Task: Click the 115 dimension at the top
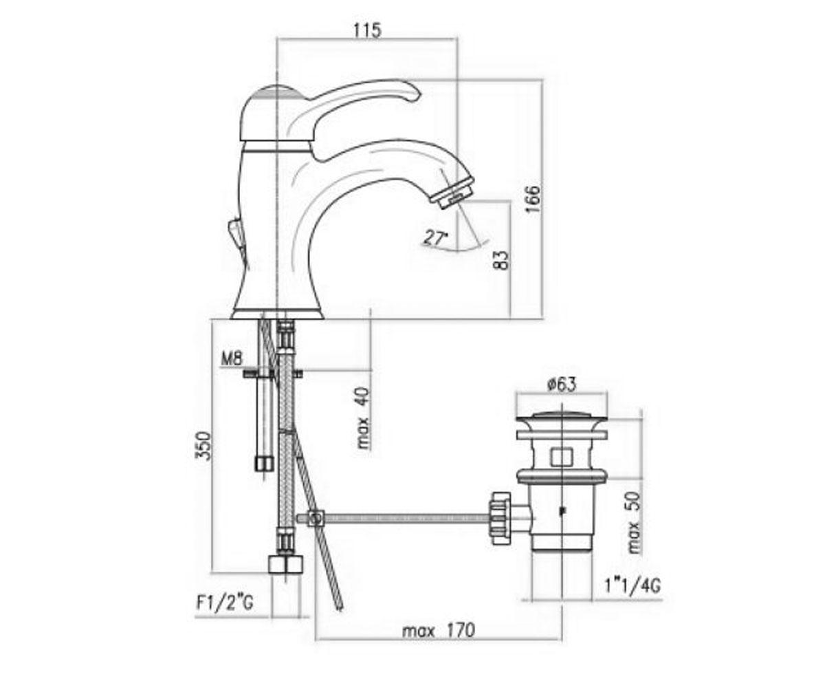pyautogui.click(x=368, y=30)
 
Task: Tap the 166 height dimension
pyautogui.click(x=533, y=199)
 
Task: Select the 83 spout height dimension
pyautogui.click(x=501, y=260)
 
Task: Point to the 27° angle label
pyautogui.click(x=437, y=237)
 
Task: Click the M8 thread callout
pyautogui.click(x=232, y=359)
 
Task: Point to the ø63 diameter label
pyautogui.click(x=562, y=383)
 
